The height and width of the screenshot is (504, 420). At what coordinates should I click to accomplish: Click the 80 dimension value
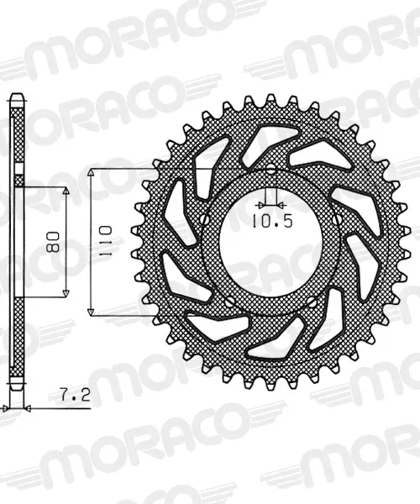pos(53,242)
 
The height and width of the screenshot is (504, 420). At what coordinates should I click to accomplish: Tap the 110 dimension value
pos(106,241)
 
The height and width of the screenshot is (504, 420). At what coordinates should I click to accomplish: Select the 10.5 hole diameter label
pos(272,221)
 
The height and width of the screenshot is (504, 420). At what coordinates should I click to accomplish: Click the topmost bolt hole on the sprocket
pos(271,169)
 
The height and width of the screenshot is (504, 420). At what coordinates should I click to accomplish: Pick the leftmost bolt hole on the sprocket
pos(205,219)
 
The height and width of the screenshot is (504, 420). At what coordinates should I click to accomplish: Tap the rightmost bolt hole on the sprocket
pos(337,220)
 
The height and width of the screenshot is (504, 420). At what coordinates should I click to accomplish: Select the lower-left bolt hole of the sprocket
pos(230,302)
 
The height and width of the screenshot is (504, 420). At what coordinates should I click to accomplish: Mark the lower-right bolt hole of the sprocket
pos(312,302)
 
